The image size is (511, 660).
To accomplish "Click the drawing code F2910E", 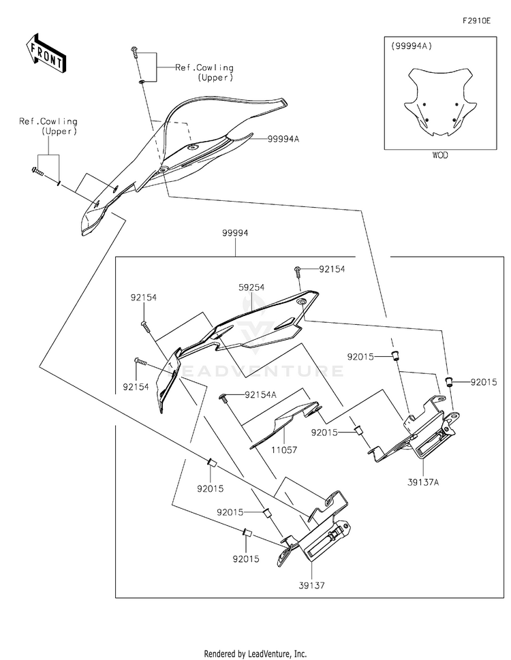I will coord(476,21).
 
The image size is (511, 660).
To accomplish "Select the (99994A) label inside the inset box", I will coord(412,46).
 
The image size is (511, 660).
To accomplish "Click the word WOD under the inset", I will coord(440,155).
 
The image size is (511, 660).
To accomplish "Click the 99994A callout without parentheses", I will coord(283,139).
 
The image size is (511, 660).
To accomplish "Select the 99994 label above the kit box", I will coord(234,233).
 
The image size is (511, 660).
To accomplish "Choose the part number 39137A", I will coord(424,482).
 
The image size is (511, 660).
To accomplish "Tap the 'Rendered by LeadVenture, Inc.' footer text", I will coord(255,653).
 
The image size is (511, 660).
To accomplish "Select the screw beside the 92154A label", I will coord(223,396).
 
